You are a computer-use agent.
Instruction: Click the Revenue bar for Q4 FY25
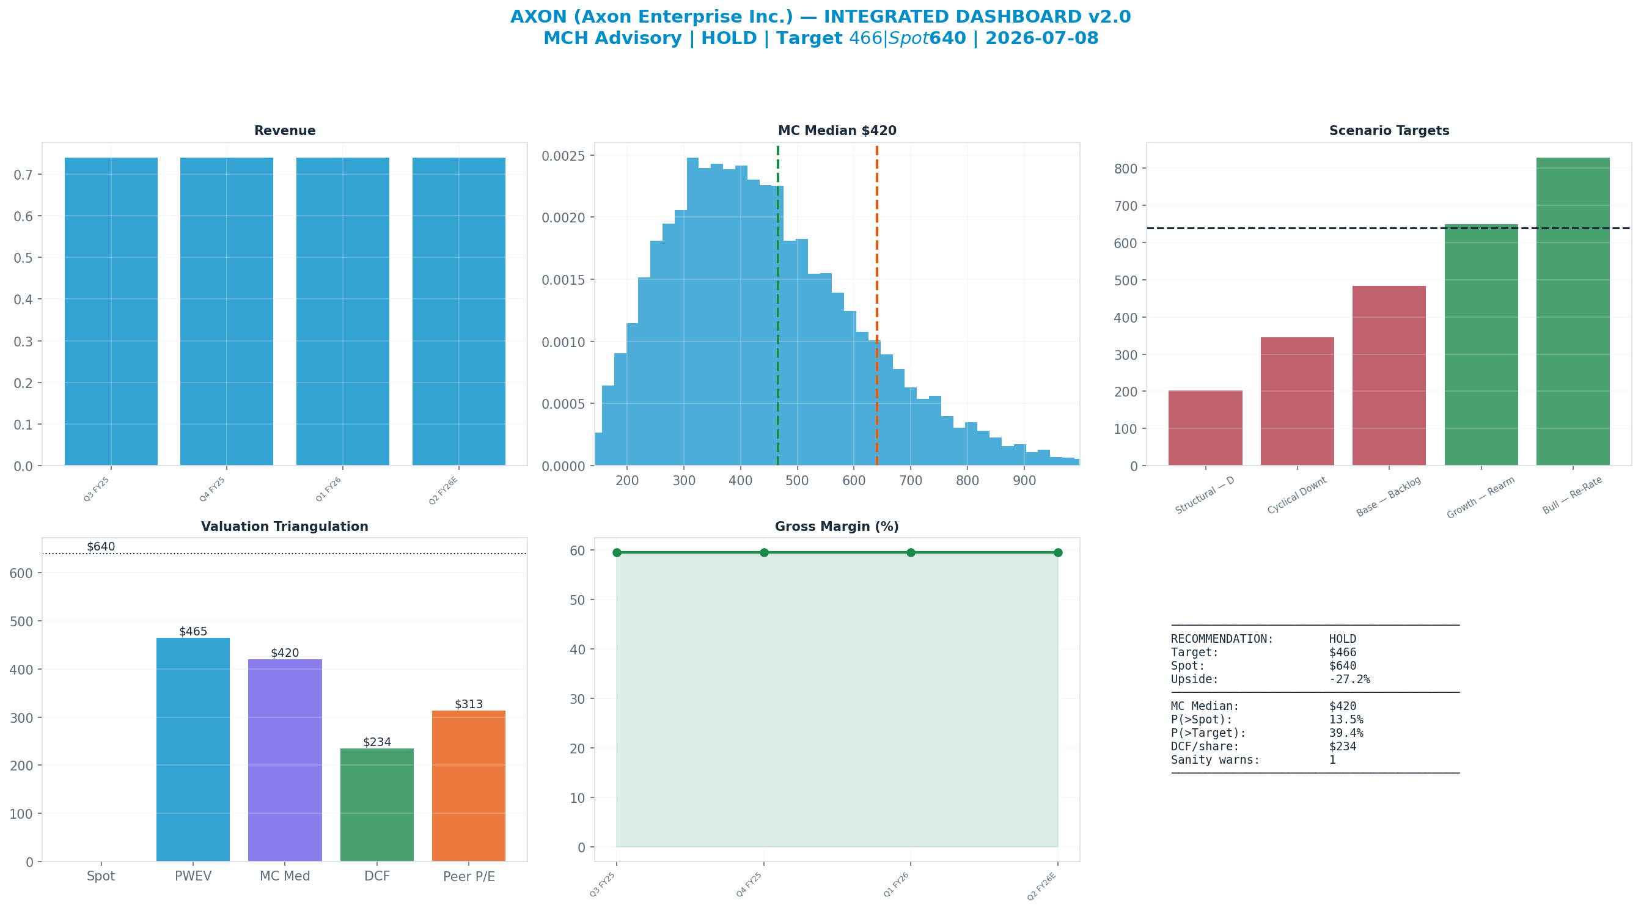point(227,312)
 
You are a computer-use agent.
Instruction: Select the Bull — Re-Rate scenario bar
point(1573,312)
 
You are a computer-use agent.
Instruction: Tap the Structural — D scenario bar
point(1205,428)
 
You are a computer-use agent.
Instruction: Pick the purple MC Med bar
point(285,760)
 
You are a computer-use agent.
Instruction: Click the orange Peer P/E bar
point(469,786)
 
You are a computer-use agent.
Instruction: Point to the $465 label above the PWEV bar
point(193,631)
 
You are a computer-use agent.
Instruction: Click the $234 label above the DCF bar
point(377,742)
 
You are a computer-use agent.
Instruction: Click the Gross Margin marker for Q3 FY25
point(617,552)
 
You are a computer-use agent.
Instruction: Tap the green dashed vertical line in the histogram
point(778,305)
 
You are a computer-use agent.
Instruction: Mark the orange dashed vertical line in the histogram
point(876,305)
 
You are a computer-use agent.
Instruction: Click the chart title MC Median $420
point(837,131)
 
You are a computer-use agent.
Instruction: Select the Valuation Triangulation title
point(285,527)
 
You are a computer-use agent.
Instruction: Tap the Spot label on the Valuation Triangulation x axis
point(101,876)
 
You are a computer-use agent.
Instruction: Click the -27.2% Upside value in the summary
point(1349,679)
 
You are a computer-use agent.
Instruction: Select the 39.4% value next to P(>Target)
point(1346,733)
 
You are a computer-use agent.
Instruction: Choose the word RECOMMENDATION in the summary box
point(1222,639)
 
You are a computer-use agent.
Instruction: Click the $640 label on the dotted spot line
point(101,547)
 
